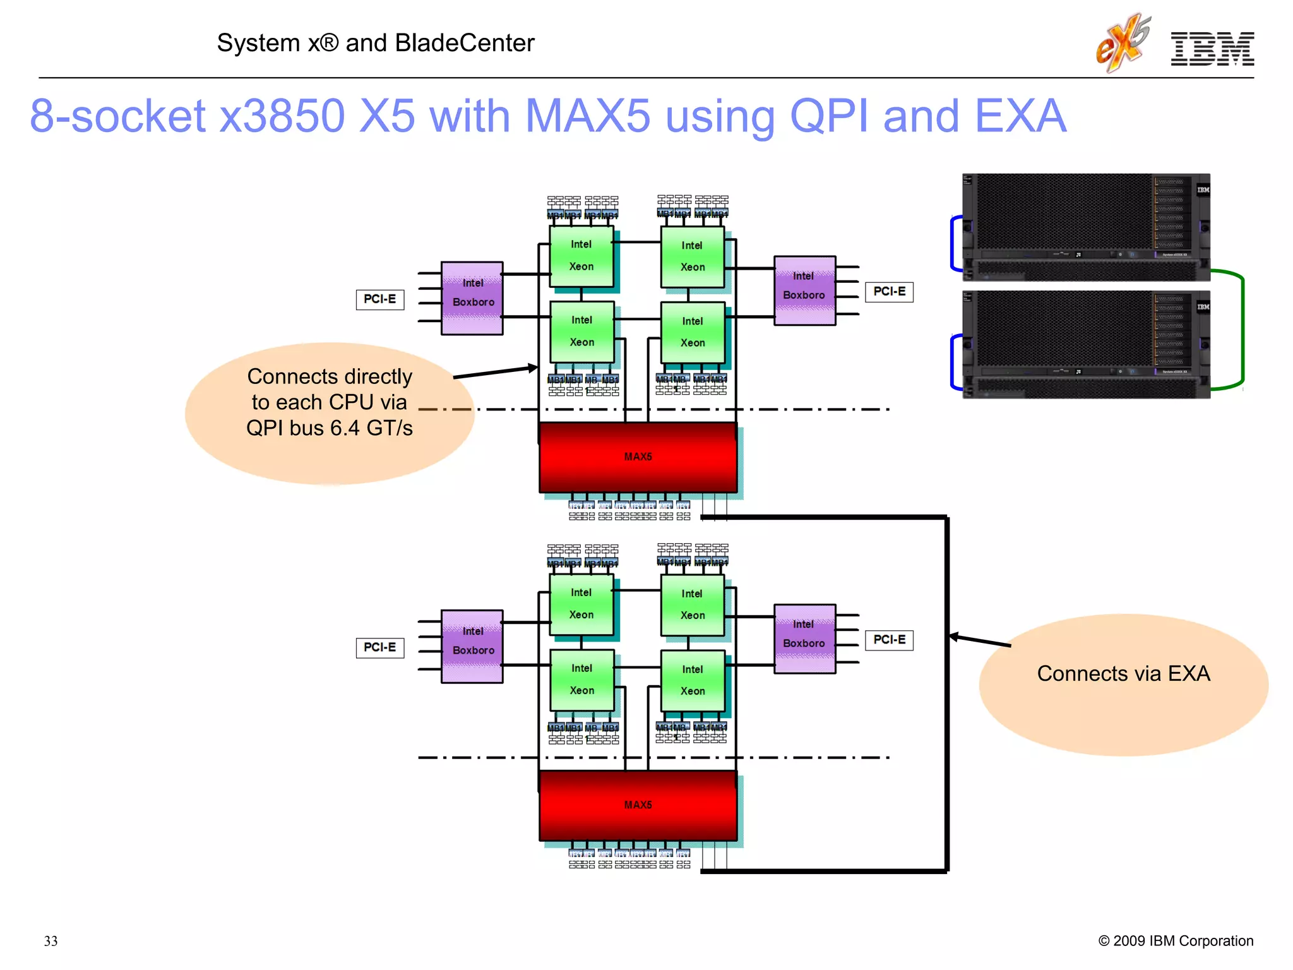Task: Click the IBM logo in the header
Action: tap(1212, 49)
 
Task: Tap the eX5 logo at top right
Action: tap(1123, 43)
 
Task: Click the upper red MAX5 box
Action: tap(638, 457)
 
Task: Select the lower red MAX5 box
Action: tap(638, 805)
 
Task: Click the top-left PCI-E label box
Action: tap(380, 299)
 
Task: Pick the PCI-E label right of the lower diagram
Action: tap(889, 640)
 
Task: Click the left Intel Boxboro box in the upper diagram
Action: tap(472, 298)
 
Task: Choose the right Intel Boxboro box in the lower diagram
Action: tap(804, 638)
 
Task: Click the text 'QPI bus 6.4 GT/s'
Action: tap(329, 428)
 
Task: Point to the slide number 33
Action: tap(51, 941)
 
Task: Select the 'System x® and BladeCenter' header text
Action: tap(376, 43)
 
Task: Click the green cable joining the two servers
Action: tap(1241, 328)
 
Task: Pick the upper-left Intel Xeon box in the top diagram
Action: tap(581, 256)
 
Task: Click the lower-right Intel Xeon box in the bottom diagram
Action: tap(693, 680)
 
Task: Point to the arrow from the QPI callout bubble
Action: tap(496, 372)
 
